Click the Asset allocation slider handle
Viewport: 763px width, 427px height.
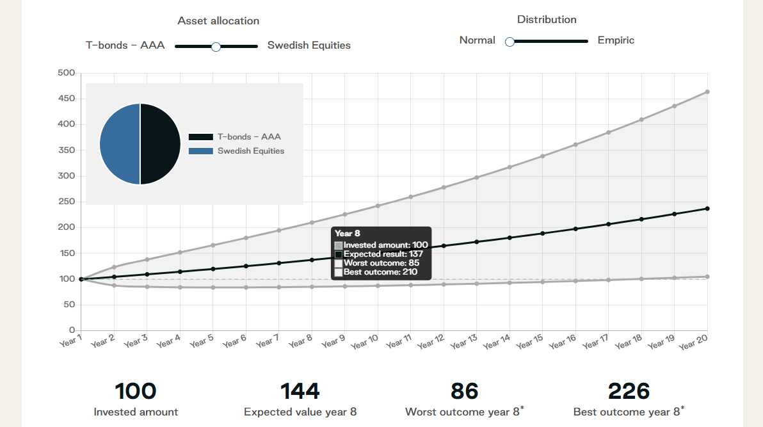click(216, 47)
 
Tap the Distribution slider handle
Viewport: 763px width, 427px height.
click(510, 42)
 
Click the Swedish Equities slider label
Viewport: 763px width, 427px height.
click(309, 45)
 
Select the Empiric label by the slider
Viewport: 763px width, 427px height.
click(616, 40)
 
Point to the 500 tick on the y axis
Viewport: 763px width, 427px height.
click(67, 73)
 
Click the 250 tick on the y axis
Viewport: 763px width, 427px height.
click(67, 202)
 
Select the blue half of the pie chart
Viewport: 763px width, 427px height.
click(120, 144)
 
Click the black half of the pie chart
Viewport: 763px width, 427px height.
click(161, 144)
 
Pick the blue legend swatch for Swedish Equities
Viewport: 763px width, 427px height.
click(201, 151)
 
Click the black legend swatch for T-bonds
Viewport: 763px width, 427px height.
click(201, 137)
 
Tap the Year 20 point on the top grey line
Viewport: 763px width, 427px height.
click(707, 92)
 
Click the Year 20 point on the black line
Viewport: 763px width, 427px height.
click(707, 209)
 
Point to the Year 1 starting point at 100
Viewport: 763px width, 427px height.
click(81, 279)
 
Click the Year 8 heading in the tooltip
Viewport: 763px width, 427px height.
click(347, 234)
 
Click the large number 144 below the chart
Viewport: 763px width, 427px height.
click(300, 391)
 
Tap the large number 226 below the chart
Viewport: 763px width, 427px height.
click(629, 391)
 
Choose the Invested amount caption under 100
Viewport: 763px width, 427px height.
click(136, 412)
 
